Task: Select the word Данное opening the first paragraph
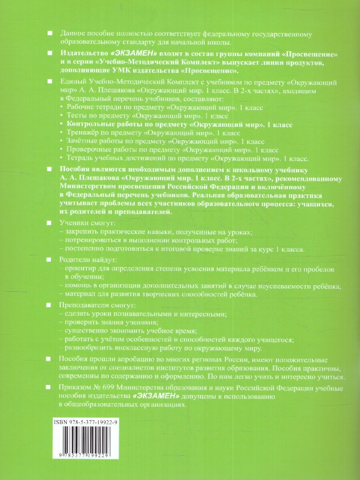click(71, 34)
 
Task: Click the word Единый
click(71, 82)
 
